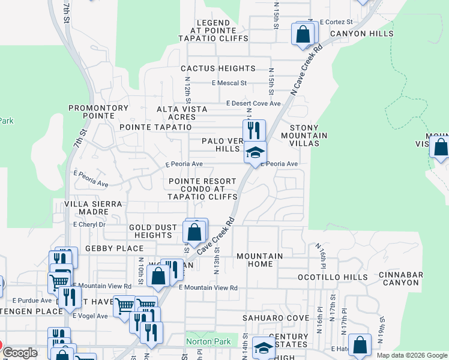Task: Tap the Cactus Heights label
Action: (x=218, y=69)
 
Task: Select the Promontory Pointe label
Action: (x=98, y=112)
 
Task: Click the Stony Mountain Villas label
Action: (x=309, y=131)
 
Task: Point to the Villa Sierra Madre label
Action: (x=93, y=208)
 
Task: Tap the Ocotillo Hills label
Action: (x=333, y=277)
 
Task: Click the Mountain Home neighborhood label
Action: (x=259, y=260)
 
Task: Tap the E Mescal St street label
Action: (x=229, y=83)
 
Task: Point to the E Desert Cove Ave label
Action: (x=254, y=103)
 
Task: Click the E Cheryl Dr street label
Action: (x=89, y=224)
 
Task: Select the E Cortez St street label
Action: (x=336, y=22)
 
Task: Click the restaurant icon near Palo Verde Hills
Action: (x=254, y=130)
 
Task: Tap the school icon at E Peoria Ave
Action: (x=255, y=152)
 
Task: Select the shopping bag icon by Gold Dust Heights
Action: (x=194, y=231)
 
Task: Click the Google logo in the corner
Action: (x=19, y=353)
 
